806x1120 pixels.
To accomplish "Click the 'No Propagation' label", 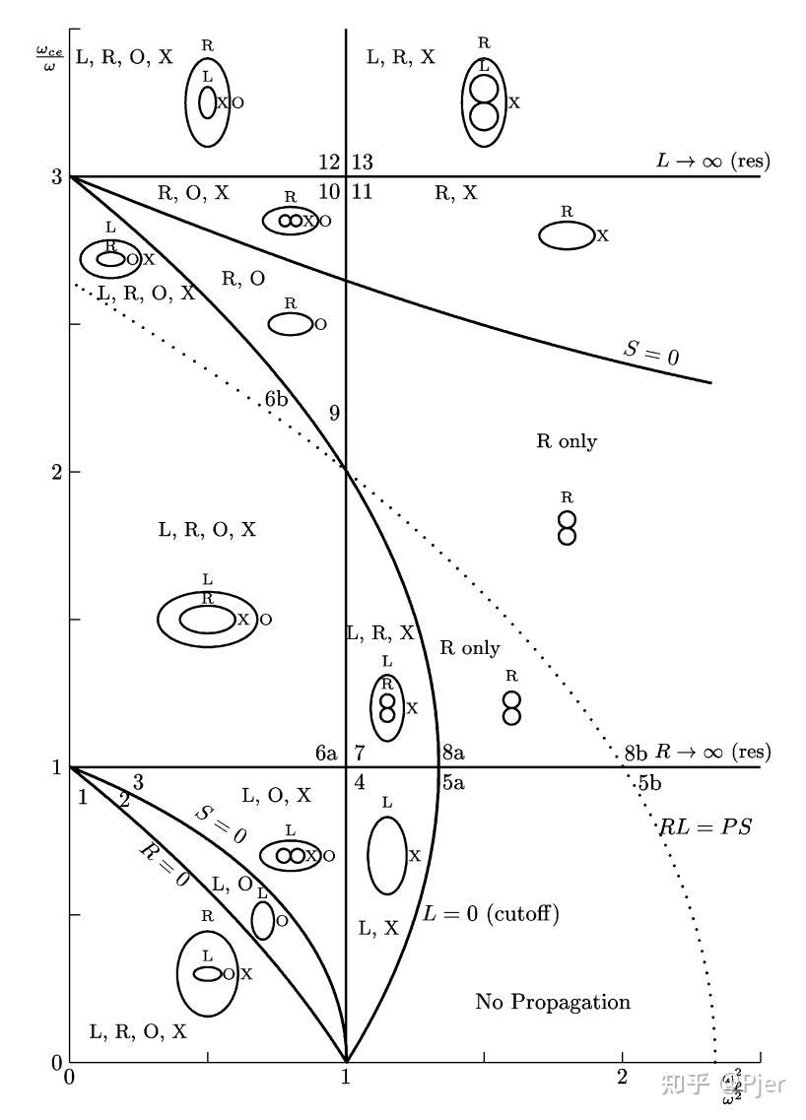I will click(553, 1003).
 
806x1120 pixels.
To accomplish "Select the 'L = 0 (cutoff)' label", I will click(491, 914).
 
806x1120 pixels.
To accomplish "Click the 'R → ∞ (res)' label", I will click(712, 753).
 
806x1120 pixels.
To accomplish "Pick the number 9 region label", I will click(334, 413).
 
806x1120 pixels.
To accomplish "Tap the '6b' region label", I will click(277, 400).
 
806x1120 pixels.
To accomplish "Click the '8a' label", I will click(453, 754).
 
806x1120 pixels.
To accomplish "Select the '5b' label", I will click(648, 784).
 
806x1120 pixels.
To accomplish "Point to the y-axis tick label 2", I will click(57, 472).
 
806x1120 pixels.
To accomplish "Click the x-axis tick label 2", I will click(622, 1078).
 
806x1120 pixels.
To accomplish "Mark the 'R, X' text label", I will click(455, 193).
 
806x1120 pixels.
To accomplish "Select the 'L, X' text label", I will click(378, 927).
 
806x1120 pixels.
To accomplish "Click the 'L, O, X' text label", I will click(276, 795).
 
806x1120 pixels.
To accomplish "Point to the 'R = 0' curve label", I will click(163, 865).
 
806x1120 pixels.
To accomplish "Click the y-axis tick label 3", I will click(57, 177).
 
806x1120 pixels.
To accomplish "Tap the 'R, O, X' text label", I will click(193, 193).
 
